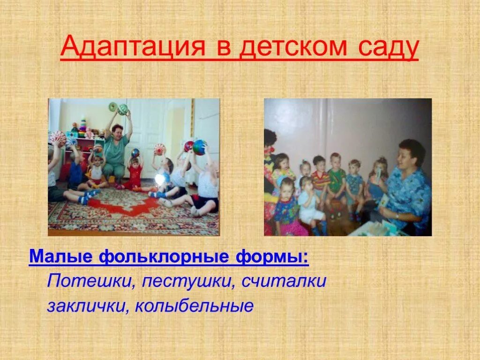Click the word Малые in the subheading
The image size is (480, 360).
(60, 257)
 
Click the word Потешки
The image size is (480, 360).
(89, 282)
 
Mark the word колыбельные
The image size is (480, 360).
(195, 306)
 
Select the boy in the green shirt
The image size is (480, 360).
(336, 180)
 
